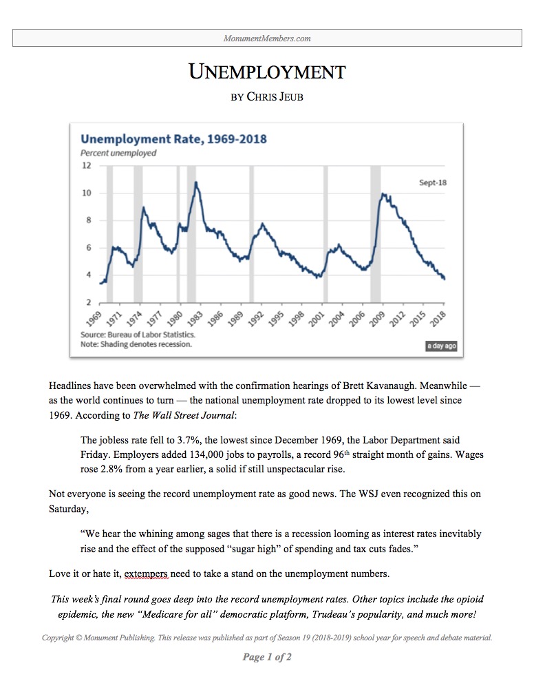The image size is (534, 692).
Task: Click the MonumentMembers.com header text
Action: pyautogui.click(x=267, y=39)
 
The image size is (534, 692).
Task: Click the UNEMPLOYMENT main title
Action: pyautogui.click(x=267, y=72)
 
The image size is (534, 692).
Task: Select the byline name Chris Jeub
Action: pyautogui.click(x=275, y=96)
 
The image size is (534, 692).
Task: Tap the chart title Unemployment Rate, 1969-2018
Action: pyautogui.click(x=173, y=139)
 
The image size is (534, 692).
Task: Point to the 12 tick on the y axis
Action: pyautogui.click(x=87, y=165)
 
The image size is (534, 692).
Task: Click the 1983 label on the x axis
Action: pyautogui.click(x=195, y=318)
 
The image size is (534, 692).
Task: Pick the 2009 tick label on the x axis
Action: pyautogui.click(x=378, y=318)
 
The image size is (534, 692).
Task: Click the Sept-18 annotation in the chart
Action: pyautogui.click(x=433, y=182)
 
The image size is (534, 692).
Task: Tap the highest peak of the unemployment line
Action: pyautogui.click(x=196, y=182)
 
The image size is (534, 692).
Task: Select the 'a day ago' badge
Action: pyautogui.click(x=441, y=346)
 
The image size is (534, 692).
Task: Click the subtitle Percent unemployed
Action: pyautogui.click(x=118, y=153)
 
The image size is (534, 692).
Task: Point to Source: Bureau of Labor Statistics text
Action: pyautogui.click(x=138, y=335)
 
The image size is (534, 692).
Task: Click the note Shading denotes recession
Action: pyautogui.click(x=136, y=344)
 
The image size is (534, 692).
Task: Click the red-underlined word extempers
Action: pyautogui.click(x=146, y=574)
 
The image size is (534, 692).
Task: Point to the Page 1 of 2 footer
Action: pyautogui.click(x=267, y=657)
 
